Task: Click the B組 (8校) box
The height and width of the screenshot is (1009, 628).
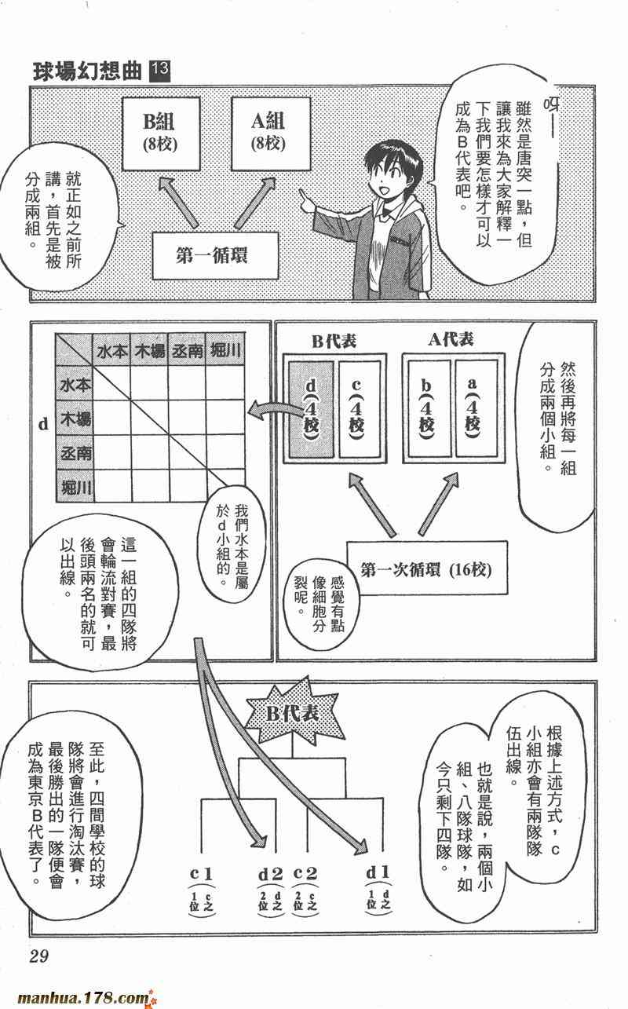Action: [161, 133]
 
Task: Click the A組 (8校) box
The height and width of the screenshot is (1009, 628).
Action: [271, 133]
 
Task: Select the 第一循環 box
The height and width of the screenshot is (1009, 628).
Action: [215, 255]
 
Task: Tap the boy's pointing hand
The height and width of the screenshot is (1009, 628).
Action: [306, 200]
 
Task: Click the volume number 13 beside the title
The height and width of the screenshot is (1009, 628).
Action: [160, 71]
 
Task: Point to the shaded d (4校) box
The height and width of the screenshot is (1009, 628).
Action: [311, 409]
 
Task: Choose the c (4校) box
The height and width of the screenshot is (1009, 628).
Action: [358, 409]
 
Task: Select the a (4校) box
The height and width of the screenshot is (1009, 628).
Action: [476, 409]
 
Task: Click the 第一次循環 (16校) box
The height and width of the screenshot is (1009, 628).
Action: [427, 568]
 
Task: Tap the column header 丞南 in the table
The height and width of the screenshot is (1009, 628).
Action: [187, 350]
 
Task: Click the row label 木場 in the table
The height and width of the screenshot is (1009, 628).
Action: [75, 419]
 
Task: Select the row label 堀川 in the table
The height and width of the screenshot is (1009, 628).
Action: [75, 487]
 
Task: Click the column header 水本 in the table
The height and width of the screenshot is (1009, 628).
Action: [111, 350]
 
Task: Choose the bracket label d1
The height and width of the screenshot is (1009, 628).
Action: [378, 872]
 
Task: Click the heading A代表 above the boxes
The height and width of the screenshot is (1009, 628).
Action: [451, 340]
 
